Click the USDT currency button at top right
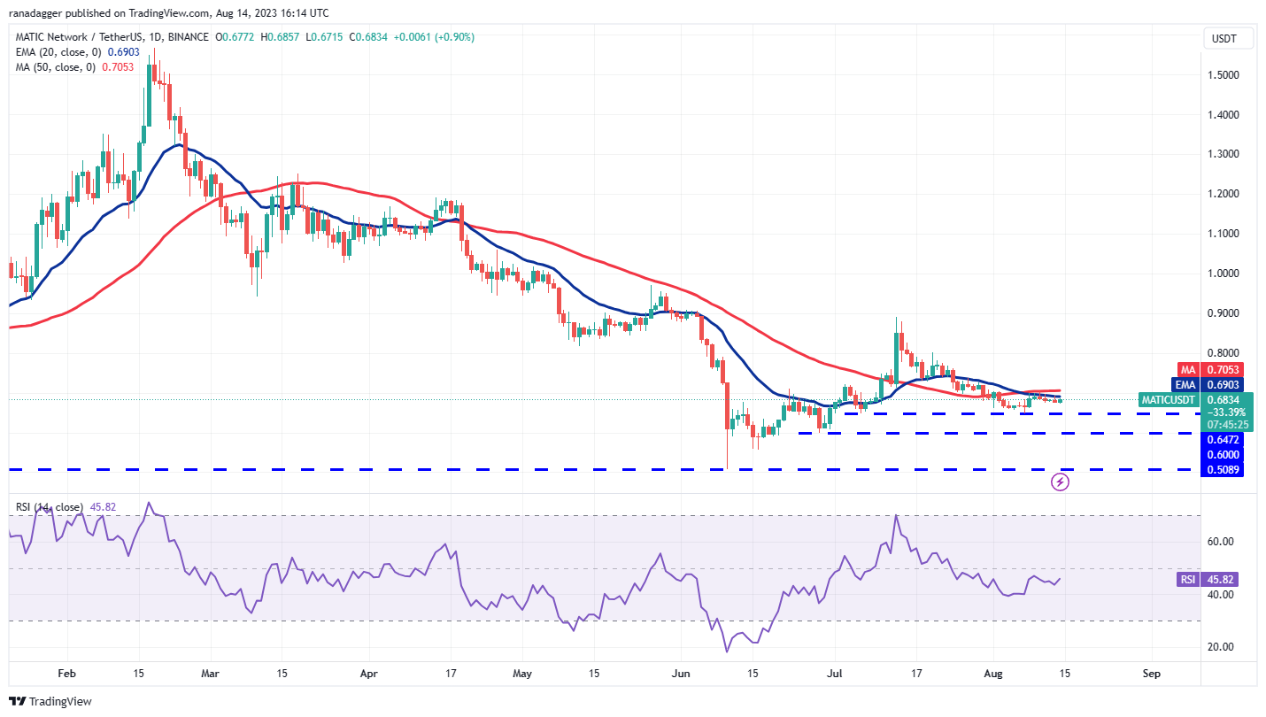[x=1225, y=39]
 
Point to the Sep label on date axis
[x=1151, y=673]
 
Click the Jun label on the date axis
[x=682, y=673]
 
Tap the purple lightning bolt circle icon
[x=1060, y=482]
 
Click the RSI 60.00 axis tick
[x=1222, y=542]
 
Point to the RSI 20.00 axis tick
[x=1222, y=647]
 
